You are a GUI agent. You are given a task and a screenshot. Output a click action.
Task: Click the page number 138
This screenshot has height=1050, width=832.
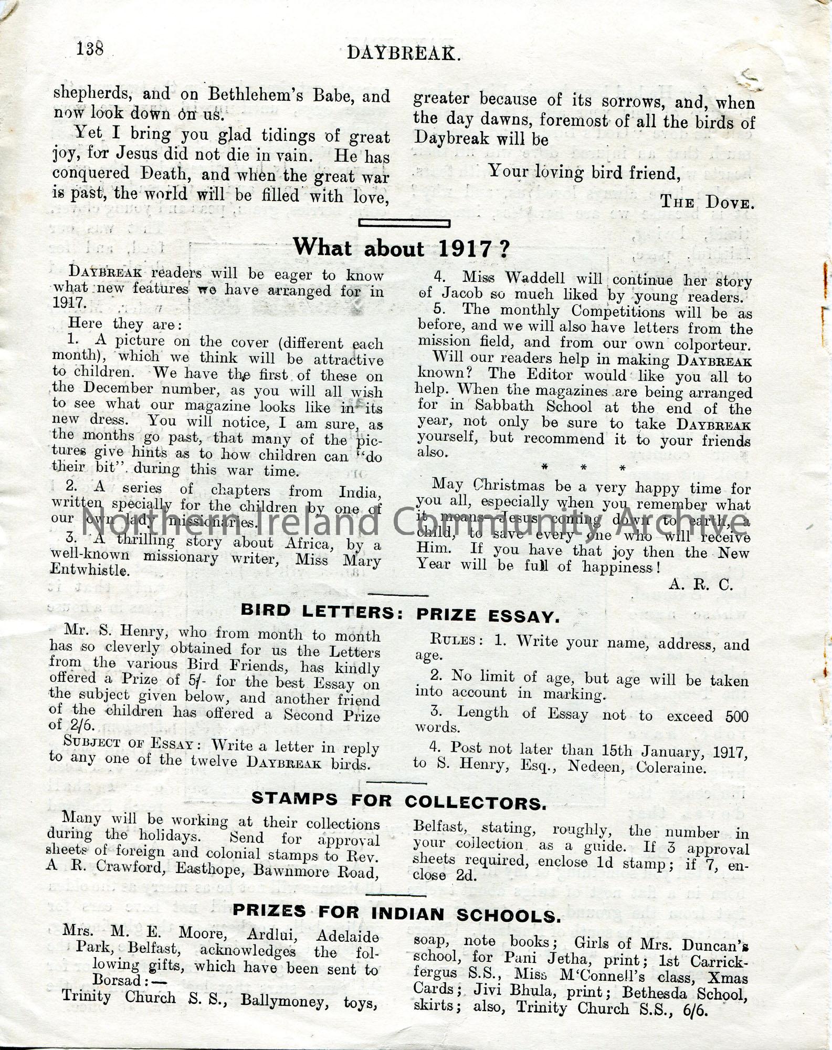90,49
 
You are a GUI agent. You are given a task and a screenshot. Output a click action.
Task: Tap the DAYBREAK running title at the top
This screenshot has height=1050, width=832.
403,53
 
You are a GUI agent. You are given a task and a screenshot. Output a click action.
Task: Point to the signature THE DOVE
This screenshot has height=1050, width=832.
707,202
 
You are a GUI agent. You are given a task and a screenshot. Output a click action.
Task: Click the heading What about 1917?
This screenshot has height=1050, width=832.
401,247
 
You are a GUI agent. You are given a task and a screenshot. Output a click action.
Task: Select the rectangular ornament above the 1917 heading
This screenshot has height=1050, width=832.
404,223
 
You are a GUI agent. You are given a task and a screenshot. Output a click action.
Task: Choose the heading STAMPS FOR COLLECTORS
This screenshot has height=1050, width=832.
399,801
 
